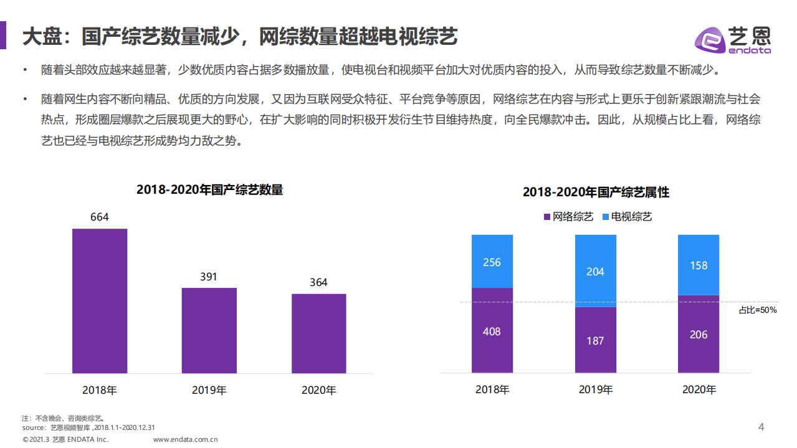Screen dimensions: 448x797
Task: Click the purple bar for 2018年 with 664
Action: [x=100, y=301]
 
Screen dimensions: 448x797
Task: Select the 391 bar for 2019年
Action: [x=209, y=330]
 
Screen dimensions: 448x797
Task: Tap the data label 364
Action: [x=318, y=283]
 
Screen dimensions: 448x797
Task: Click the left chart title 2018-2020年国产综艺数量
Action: [x=209, y=190]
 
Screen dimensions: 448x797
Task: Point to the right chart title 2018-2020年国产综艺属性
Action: [x=596, y=193]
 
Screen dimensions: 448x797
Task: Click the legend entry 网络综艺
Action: [x=568, y=217]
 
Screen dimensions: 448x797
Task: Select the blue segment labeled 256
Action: [x=492, y=262]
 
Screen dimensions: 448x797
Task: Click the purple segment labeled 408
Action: [x=492, y=331]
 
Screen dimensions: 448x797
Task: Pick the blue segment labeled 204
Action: [x=595, y=271]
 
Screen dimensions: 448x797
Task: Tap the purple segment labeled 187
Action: [x=595, y=340]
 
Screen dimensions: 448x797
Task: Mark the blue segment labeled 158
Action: [x=699, y=265]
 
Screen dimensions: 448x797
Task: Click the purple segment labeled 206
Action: [x=699, y=334]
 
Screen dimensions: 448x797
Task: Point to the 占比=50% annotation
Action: [x=757, y=310]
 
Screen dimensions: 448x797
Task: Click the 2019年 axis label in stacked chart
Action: [x=595, y=390]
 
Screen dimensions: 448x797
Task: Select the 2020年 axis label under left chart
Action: [x=318, y=391]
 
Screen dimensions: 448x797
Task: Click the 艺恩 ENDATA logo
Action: [x=733, y=40]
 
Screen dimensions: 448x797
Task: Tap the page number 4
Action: [x=761, y=427]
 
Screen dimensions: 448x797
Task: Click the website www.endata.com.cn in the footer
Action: [x=185, y=439]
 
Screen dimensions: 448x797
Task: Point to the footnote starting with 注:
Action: [x=62, y=418]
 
